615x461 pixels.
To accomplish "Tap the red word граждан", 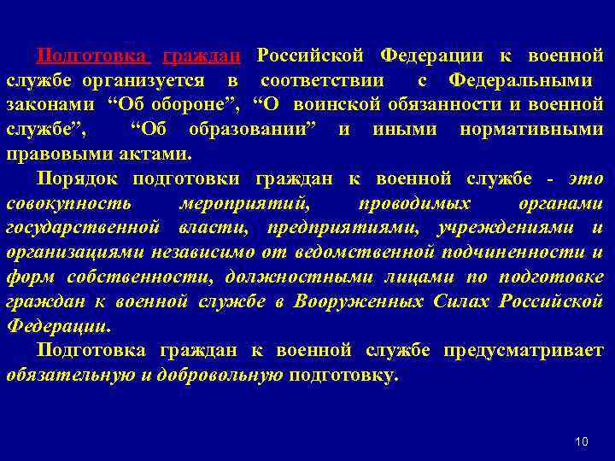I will click(x=202, y=56).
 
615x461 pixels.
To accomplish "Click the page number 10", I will click(x=582, y=441).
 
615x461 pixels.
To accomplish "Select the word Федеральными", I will click(x=521, y=81).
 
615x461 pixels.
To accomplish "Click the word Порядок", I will click(x=78, y=179).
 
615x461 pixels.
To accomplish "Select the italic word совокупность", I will click(x=68, y=204).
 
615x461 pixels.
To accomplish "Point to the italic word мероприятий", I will click(x=245, y=204).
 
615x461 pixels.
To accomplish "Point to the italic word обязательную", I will click(x=67, y=376).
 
